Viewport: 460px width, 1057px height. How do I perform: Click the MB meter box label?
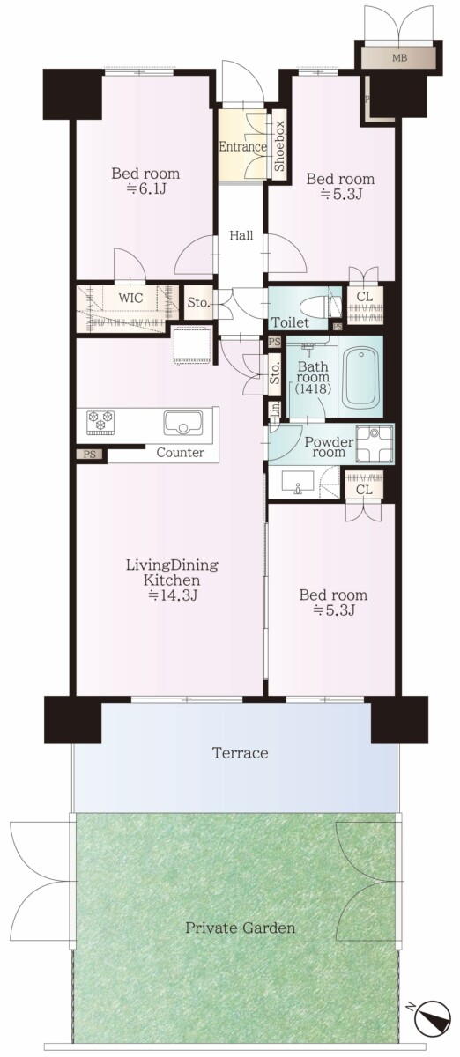(x=399, y=58)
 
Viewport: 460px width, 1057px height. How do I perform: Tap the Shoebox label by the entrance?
(x=279, y=146)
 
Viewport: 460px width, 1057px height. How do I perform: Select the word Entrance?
(x=242, y=146)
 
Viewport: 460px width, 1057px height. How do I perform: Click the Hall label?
(x=241, y=235)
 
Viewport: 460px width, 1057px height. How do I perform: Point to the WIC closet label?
(x=130, y=299)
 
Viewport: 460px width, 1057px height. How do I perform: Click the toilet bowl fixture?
(x=321, y=307)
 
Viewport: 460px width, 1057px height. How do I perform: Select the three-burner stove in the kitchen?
(x=100, y=421)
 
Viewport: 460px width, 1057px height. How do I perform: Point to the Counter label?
(x=181, y=453)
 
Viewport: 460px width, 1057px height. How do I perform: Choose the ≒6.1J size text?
(x=145, y=189)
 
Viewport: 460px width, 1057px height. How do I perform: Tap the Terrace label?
(x=240, y=752)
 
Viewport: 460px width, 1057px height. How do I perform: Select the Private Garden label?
(x=240, y=928)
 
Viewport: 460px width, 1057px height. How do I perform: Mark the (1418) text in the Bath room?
(x=312, y=388)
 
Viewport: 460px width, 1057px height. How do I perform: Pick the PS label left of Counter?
(x=89, y=455)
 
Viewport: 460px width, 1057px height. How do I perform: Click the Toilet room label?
(x=290, y=322)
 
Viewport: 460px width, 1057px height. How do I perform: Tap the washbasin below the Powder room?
(x=298, y=483)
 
